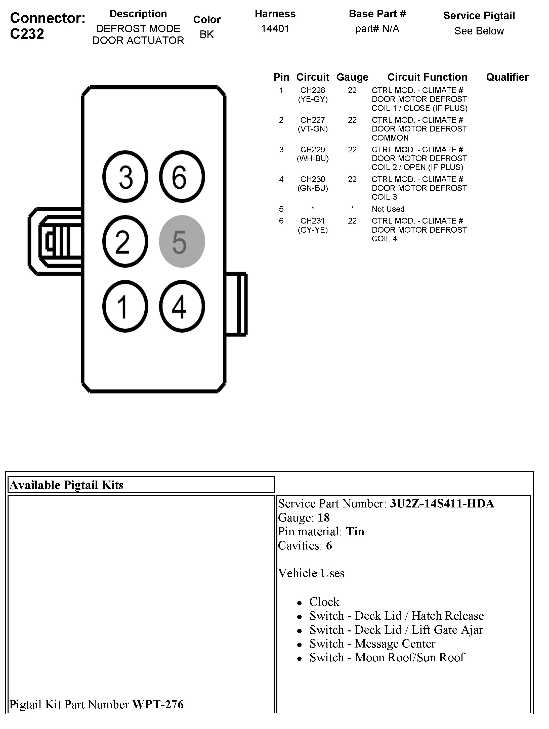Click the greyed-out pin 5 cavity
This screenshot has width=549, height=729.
182,241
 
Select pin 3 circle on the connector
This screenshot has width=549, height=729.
125,177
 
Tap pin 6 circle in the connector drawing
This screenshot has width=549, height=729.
182,177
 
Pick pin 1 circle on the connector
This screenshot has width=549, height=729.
125,306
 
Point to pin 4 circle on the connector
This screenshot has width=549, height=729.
182,306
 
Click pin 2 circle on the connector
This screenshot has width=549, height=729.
125,241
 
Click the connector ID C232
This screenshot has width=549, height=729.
27,34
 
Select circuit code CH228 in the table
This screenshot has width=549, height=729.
312,90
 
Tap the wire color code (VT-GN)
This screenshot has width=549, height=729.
312,129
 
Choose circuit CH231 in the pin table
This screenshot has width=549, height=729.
312,221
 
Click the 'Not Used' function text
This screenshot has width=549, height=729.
388,209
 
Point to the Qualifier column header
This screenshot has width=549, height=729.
507,77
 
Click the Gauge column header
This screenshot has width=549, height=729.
352,77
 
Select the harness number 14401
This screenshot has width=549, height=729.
275,29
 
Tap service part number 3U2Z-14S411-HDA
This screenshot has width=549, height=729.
442,504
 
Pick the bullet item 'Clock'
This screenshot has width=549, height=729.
324,602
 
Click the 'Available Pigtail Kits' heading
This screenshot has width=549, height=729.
67,485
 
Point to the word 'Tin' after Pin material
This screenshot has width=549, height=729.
355,531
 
